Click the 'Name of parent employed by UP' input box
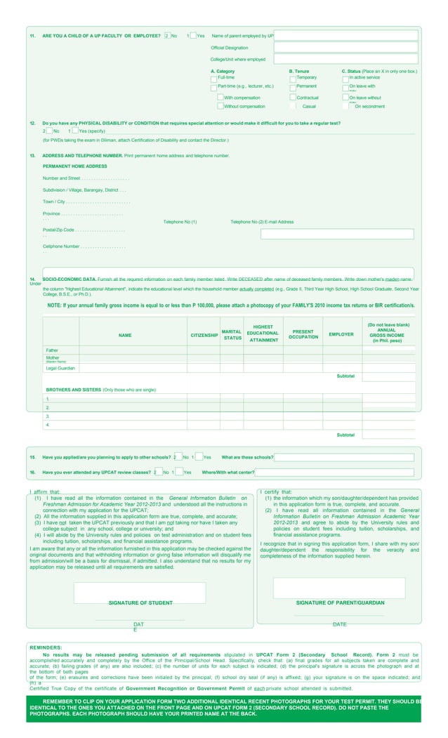coord(345,36)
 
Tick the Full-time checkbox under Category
coord(214,78)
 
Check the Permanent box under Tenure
coord(293,87)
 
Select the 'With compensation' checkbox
coord(220,98)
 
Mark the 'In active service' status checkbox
coord(345,78)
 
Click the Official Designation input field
coord(345,48)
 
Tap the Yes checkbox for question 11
coord(193,36)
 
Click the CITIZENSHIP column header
coord(204,336)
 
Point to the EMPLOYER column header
coord(341,334)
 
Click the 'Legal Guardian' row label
coord(60,368)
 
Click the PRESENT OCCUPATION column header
coord(303,334)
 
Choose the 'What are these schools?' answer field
coord(343,457)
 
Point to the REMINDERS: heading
coord(46,647)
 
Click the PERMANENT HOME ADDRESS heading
coord(75,166)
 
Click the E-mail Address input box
coord(337,234)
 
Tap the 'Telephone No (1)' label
coord(180,222)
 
